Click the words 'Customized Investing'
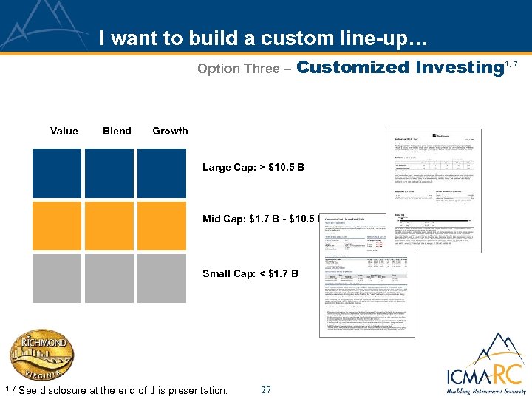[x=399, y=67]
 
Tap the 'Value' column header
[x=64, y=131]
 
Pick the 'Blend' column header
[x=117, y=131]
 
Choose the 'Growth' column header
[x=170, y=131]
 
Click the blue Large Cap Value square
[x=56, y=173]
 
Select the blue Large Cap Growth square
[x=162, y=173]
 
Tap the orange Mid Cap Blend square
[x=109, y=226]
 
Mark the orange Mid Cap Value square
[x=56, y=226]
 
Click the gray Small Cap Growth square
[x=162, y=279]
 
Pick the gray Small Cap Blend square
[x=109, y=279]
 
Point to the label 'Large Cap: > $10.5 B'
[x=253, y=168]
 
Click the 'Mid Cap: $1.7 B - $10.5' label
[x=259, y=219]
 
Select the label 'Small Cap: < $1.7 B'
[x=250, y=273]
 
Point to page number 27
[x=266, y=389]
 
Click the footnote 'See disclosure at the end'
[x=123, y=390]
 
